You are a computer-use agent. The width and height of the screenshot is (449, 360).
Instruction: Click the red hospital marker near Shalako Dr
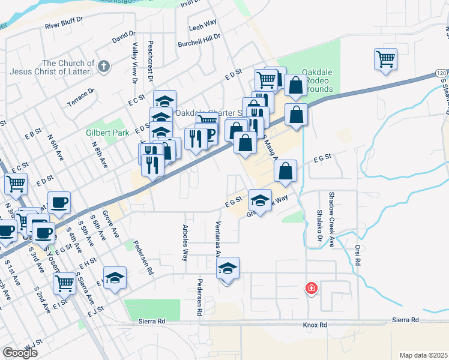click(x=311, y=288)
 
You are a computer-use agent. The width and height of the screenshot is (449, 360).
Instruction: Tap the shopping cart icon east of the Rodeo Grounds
click(x=385, y=59)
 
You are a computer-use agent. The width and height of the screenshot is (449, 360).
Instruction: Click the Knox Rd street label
click(x=315, y=325)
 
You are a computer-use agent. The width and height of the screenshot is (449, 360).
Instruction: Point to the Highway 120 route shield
click(x=441, y=73)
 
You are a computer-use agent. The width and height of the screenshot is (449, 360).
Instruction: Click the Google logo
click(x=20, y=353)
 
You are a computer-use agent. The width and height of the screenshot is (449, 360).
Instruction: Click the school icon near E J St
click(x=115, y=277)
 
